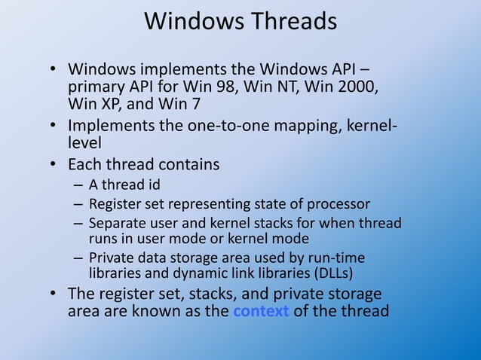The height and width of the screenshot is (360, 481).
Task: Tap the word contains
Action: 189,164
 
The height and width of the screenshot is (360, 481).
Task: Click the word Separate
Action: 115,223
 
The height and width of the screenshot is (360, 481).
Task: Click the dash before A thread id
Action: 78,185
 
